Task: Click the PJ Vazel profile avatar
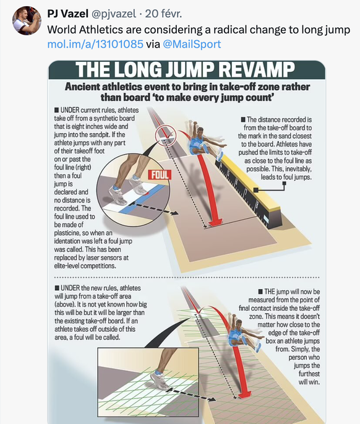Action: click(x=27, y=20)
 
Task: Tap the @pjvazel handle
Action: click(x=114, y=14)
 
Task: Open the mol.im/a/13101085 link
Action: click(x=95, y=44)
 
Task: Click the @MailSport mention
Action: click(x=192, y=44)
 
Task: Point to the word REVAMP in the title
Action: click(x=256, y=69)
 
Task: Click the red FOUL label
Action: click(x=160, y=175)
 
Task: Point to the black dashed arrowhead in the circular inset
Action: click(x=174, y=213)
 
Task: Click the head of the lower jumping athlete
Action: click(x=238, y=324)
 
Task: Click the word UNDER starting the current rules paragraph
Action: click(x=70, y=110)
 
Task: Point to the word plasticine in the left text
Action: click(x=69, y=233)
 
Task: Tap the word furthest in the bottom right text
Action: click(x=309, y=374)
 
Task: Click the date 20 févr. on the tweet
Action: click(x=163, y=14)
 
